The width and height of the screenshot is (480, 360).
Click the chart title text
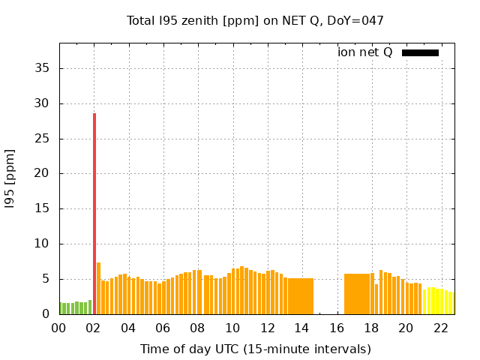click(x=255, y=20)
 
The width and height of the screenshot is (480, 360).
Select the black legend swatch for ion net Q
click(x=420, y=52)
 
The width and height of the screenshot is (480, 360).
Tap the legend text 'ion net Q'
click(x=364, y=52)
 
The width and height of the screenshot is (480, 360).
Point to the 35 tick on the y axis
click(x=43, y=68)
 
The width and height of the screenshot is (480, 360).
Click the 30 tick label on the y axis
click(x=43, y=103)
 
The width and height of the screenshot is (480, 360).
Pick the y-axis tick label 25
click(x=43, y=139)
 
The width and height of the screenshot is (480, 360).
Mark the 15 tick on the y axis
click(x=43, y=208)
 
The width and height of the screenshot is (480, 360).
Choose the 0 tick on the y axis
click(x=46, y=314)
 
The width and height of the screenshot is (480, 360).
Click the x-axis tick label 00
click(x=59, y=328)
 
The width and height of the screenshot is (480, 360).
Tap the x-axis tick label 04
click(x=128, y=328)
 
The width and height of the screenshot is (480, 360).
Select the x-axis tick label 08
click(x=198, y=328)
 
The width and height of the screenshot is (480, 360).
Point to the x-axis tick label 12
click(x=268, y=328)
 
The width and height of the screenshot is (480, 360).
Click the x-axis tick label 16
click(x=337, y=328)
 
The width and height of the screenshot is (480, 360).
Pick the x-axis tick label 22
click(x=441, y=328)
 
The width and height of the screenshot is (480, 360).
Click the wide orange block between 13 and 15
click(x=301, y=296)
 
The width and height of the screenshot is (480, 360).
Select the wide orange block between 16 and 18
click(x=357, y=294)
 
